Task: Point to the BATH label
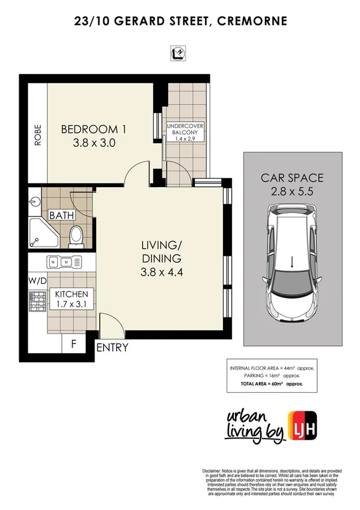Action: coord(61,215)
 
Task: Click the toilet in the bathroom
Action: coord(77,236)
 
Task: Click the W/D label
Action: coord(37,280)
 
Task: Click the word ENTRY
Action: coord(111,347)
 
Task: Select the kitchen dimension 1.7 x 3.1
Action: coord(72,306)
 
